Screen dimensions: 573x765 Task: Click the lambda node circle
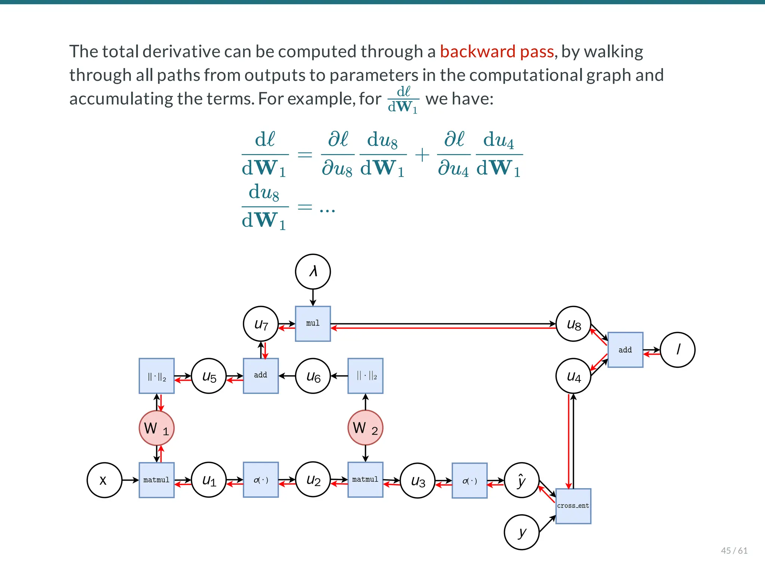click(x=313, y=272)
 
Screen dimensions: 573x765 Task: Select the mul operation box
click(x=313, y=324)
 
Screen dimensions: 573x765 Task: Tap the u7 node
click(x=261, y=324)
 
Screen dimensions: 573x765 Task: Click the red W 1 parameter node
click(x=157, y=428)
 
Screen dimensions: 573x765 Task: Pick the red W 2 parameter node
click(x=365, y=428)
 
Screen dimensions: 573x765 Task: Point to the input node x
click(x=104, y=480)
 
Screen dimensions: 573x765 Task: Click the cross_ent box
click(x=573, y=506)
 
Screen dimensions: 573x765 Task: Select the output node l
click(x=678, y=350)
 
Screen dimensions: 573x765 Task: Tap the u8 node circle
click(x=573, y=324)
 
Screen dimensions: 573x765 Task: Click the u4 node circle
click(x=573, y=376)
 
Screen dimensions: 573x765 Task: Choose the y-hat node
click(x=521, y=480)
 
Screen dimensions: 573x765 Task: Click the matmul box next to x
click(x=157, y=480)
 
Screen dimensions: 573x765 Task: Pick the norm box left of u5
click(x=157, y=376)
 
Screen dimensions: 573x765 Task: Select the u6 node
click(x=313, y=376)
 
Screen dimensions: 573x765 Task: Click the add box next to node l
click(x=625, y=350)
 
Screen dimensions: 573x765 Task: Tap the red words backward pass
click(x=496, y=52)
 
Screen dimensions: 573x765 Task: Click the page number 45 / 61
click(x=734, y=551)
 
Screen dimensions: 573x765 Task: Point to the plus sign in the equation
click(x=422, y=155)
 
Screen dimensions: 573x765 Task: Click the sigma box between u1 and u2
click(x=261, y=480)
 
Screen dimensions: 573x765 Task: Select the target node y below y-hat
click(x=521, y=532)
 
